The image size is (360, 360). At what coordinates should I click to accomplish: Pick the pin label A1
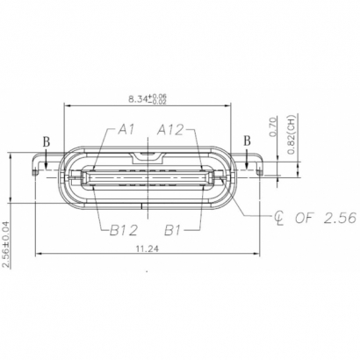(x=126, y=130)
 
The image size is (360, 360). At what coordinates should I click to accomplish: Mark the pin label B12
(x=126, y=230)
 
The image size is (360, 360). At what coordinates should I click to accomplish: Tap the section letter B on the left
(x=47, y=140)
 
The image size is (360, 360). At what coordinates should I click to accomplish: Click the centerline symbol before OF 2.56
(x=279, y=216)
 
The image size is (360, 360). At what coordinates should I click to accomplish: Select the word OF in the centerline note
(x=304, y=216)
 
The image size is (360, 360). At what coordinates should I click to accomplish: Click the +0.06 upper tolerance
(x=161, y=95)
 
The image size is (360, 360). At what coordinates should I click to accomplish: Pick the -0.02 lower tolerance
(x=161, y=103)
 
